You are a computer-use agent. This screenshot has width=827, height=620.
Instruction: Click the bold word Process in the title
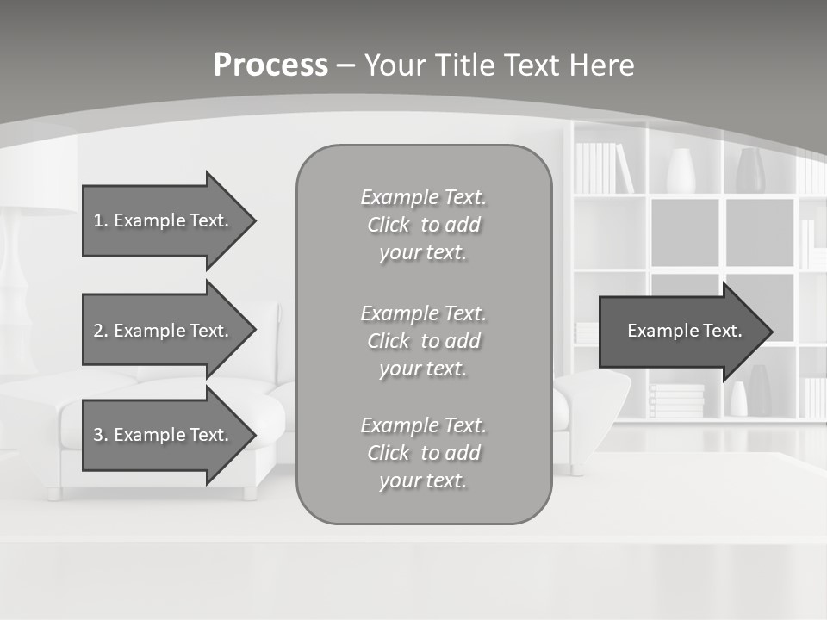point(270,65)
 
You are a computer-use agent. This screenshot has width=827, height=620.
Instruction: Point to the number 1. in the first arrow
point(100,220)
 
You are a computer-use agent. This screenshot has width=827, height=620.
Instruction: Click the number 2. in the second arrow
point(100,331)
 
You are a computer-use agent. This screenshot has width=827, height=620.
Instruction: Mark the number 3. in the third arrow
point(100,435)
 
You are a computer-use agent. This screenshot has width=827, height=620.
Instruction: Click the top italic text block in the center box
point(423,225)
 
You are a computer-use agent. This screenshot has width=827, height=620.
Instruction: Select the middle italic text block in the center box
point(423,341)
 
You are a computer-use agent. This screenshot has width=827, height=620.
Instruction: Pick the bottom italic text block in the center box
point(423,453)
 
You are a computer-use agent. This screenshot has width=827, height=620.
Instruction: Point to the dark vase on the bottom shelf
point(759,392)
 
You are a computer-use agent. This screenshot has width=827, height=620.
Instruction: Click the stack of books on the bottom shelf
point(676,401)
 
